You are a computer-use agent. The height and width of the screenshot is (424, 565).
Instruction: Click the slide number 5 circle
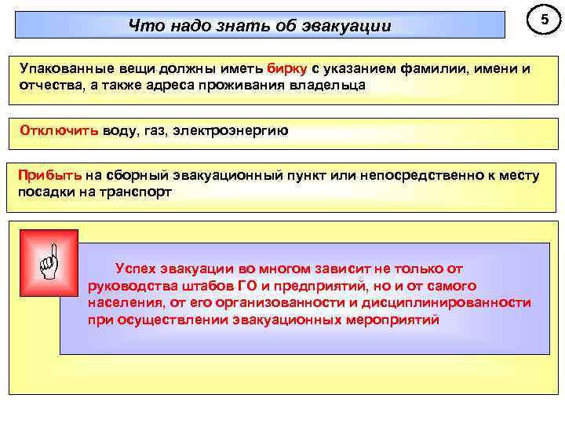pos(539,20)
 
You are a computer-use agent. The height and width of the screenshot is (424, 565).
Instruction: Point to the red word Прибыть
pos(49,174)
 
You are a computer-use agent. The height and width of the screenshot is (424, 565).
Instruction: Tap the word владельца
pos(326,85)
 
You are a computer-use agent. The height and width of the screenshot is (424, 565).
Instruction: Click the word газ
pos(157,130)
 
